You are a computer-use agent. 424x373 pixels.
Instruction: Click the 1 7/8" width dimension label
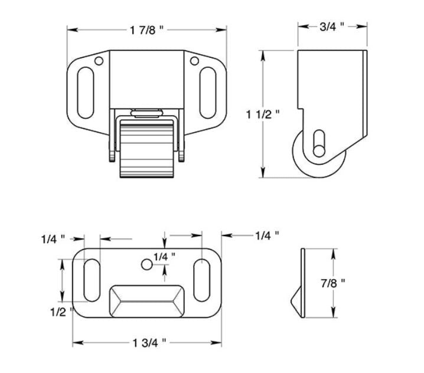[x=147, y=30]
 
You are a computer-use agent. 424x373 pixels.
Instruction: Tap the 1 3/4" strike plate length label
[x=148, y=342]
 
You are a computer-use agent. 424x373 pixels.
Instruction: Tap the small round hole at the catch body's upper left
[x=99, y=61]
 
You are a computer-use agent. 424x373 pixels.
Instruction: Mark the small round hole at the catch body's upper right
[x=194, y=61]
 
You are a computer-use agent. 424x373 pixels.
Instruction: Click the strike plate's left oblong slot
[x=92, y=280]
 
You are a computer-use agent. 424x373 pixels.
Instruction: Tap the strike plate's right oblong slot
[x=201, y=280]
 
